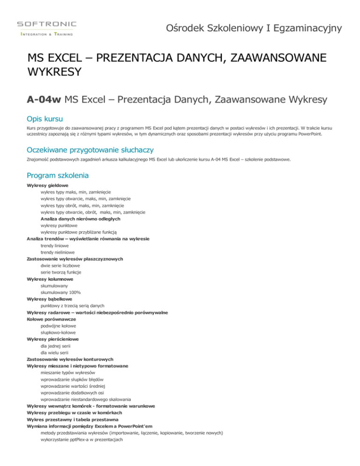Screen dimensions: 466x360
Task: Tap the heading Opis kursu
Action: click(x=46, y=116)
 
